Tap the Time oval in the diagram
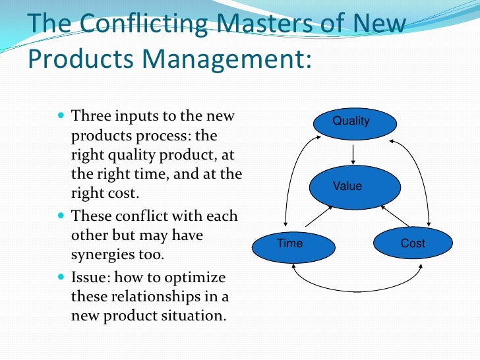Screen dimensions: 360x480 click(x=291, y=244)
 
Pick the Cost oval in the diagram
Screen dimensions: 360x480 click(x=413, y=244)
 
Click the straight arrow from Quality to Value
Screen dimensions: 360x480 click(x=355, y=153)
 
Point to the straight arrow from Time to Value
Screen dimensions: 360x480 click(x=320, y=216)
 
